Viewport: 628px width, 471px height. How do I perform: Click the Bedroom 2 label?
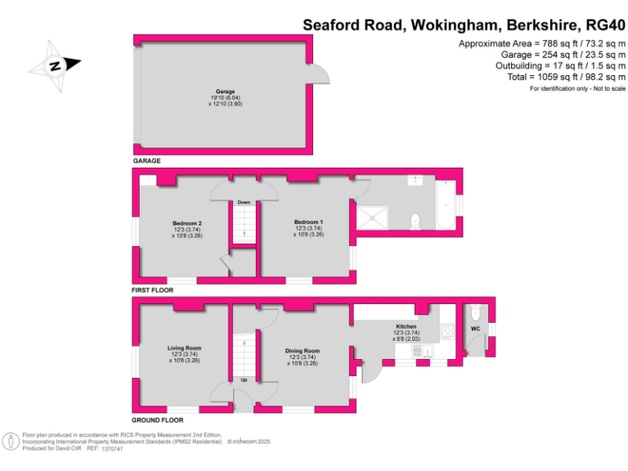click(x=186, y=223)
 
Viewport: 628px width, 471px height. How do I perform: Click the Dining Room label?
click(x=303, y=351)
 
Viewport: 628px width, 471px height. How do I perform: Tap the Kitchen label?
click(x=406, y=327)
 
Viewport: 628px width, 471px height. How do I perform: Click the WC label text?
click(x=475, y=329)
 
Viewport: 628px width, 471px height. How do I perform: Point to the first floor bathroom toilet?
click(x=415, y=220)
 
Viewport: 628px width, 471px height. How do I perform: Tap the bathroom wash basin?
click(x=418, y=177)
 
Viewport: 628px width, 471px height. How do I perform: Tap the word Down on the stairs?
click(x=244, y=203)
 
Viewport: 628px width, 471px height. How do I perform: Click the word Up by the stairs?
click(x=244, y=380)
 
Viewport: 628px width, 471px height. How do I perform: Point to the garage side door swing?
click(x=321, y=75)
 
